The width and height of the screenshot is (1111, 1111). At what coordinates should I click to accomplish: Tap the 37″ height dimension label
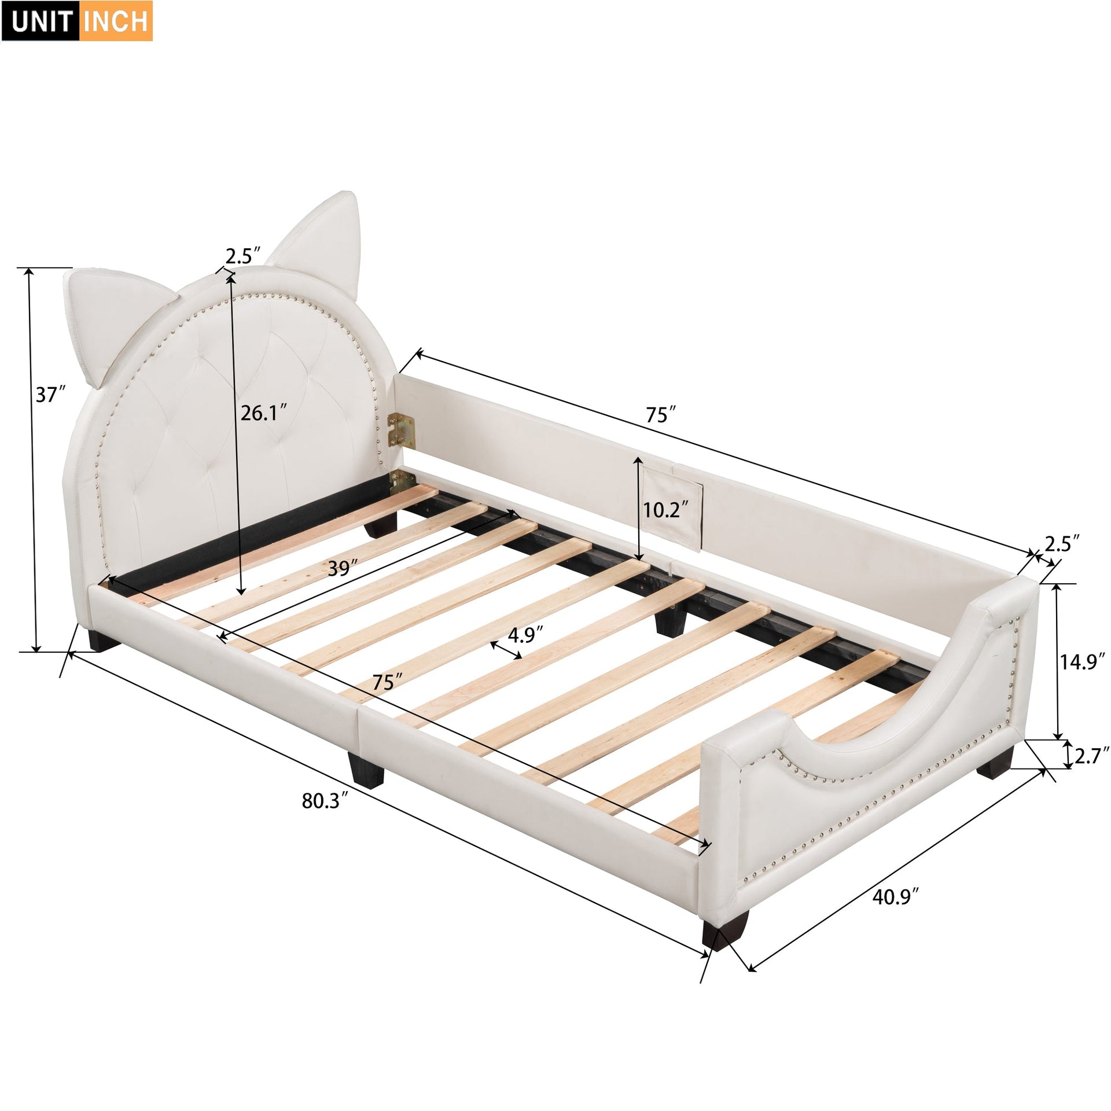click(49, 395)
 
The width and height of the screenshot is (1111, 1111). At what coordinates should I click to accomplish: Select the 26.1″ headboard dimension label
click(264, 413)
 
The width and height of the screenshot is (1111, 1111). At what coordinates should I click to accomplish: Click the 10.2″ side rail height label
click(666, 510)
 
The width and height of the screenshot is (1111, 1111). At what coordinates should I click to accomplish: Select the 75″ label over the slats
click(383, 682)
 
